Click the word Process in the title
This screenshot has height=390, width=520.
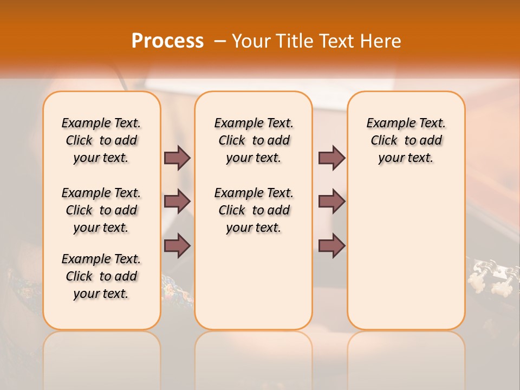coord(167,41)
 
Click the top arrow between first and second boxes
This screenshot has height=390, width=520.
coord(177,158)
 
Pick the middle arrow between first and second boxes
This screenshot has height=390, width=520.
coord(177,201)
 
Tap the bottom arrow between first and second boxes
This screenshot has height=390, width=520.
coord(177,245)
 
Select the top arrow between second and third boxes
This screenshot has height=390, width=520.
coord(331,158)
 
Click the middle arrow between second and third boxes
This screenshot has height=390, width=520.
coord(331,201)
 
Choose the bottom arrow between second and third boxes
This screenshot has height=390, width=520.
coord(331,245)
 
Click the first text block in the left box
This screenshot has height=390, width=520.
coord(101,140)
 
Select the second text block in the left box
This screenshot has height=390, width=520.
coord(101,210)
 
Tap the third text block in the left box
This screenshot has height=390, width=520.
coord(101,276)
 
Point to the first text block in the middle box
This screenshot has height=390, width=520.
coord(253,140)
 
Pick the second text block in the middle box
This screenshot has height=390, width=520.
coord(253,210)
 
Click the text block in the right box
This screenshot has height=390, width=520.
coord(406,140)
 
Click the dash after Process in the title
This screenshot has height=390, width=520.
coord(219,41)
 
